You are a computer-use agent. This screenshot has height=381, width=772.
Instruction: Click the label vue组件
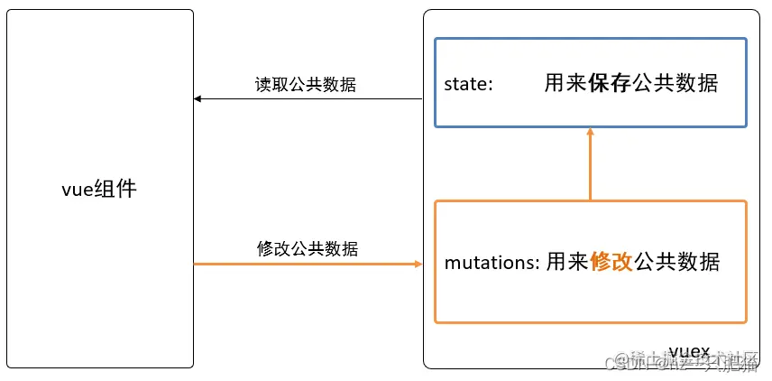99,190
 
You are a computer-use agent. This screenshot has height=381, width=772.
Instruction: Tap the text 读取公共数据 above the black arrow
306,85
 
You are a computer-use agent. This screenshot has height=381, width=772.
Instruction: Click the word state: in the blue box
469,84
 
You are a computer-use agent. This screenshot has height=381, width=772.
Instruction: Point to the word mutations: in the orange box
492,263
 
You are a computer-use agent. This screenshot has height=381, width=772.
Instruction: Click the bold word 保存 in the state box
610,84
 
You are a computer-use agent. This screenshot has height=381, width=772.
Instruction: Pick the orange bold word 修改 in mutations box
611,263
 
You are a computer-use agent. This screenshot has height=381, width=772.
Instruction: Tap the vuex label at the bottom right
689,350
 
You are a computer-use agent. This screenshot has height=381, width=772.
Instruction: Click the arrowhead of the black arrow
198,98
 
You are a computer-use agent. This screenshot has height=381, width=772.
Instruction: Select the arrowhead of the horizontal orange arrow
418,264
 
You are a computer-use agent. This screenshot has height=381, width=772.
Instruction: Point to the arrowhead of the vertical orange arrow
591,132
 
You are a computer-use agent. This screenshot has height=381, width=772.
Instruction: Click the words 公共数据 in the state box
675,84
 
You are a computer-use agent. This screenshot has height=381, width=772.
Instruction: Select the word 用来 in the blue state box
566,84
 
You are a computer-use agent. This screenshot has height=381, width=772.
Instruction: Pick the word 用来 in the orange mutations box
568,263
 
